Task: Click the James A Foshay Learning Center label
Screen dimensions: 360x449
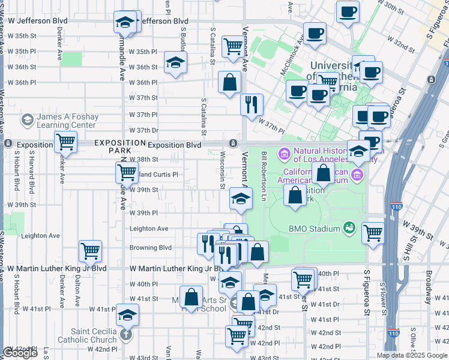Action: point(66,121)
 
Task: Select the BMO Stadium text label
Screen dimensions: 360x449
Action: point(315,227)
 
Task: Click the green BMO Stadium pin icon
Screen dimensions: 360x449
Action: point(349,227)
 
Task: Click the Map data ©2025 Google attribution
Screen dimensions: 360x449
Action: point(412,355)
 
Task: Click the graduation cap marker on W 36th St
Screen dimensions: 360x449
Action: point(175,62)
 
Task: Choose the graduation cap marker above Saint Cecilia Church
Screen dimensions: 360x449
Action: point(127,314)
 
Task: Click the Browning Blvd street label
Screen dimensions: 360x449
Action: point(151,247)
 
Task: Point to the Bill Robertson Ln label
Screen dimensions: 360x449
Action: point(264,176)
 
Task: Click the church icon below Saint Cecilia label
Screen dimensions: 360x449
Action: point(126,334)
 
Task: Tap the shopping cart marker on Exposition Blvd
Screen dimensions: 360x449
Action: point(66,143)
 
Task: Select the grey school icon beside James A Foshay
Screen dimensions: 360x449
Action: point(27,121)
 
